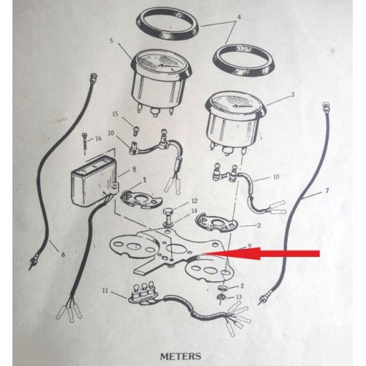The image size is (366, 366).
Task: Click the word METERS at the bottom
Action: tap(181, 356)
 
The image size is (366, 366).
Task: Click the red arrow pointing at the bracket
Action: tap(262, 253)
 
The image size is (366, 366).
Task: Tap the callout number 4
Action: tap(239, 18)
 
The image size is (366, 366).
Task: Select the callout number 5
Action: tap(111, 41)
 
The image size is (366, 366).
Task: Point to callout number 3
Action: tap(293, 94)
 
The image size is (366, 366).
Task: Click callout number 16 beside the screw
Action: tap(98, 138)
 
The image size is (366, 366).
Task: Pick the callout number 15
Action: tap(115, 113)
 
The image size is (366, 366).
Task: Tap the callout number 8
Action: tap(134, 169)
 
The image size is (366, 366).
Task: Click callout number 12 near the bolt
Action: tap(194, 201)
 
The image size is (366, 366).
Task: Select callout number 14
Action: tap(194, 211)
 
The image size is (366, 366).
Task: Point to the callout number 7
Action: tap(327, 190)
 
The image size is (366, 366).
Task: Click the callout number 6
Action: tap(63, 255)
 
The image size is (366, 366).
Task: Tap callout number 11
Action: tap(105, 291)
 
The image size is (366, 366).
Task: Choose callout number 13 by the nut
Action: tap(239, 296)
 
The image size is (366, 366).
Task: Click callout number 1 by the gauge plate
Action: tap(144, 180)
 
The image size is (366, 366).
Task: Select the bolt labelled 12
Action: tap(168, 217)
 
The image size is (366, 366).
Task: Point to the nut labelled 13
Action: tap(221, 297)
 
